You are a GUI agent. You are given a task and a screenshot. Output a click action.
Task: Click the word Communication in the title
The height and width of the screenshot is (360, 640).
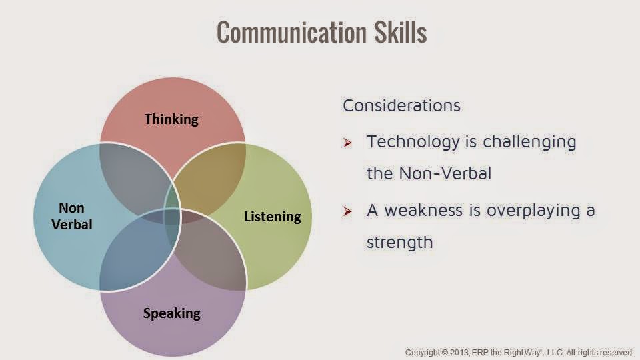tap(291, 32)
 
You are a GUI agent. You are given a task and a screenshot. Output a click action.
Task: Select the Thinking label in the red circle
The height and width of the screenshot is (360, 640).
tap(171, 119)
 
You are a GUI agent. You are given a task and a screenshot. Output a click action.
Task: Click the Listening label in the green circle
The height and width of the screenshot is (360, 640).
tap(272, 216)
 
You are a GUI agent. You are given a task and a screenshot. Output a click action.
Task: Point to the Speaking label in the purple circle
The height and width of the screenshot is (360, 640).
tap(171, 313)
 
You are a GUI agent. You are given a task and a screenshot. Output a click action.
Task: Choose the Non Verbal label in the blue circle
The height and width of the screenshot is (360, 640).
tap(72, 216)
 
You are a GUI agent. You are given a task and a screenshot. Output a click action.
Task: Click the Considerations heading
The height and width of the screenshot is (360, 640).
tap(401, 105)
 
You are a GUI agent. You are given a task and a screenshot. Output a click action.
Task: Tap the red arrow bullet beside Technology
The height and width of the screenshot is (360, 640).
tap(347, 143)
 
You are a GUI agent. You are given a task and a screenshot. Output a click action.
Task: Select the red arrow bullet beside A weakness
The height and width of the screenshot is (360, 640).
tap(347, 211)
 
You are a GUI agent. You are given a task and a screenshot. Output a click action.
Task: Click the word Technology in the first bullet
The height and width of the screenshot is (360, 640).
tap(413, 142)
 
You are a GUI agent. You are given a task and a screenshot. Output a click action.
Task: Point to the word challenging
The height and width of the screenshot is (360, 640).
tap(529, 142)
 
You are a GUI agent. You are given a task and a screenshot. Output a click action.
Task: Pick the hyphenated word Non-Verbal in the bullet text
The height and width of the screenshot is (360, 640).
tap(445, 173)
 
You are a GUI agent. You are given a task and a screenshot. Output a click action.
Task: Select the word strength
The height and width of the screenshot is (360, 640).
tap(399, 242)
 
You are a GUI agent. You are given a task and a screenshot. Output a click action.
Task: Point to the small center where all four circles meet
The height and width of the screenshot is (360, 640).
tap(172, 216)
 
